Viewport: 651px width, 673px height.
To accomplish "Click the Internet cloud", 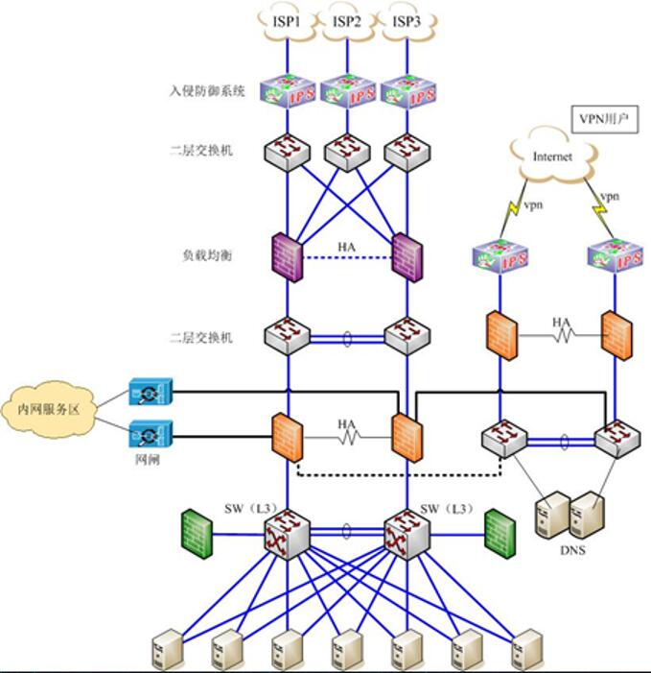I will (x=552, y=156).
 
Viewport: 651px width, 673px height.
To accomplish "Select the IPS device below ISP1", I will (x=287, y=92).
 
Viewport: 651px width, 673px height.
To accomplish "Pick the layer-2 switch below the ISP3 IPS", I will (x=405, y=151).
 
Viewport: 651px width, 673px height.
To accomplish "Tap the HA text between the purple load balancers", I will (x=346, y=247).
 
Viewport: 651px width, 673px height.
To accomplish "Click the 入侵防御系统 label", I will (x=206, y=92).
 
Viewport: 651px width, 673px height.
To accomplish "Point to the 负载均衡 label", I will (x=206, y=256).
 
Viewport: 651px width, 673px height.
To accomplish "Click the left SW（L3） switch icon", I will (x=287, y=531).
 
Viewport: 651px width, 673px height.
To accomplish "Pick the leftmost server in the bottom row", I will (x=165, y=650).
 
